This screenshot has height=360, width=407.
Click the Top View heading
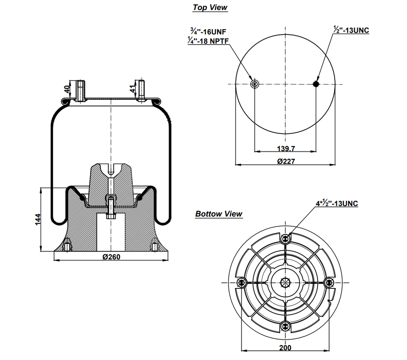click(x=210, y=8)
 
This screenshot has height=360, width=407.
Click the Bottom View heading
click(x=219, y=214)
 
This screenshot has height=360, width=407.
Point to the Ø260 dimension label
click(x=111, y=257)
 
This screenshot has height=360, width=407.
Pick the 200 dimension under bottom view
click(x=285, y=348)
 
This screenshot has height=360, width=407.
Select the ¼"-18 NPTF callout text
click(x=208, y=40)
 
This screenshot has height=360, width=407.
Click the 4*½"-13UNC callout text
click(x=337, y=204)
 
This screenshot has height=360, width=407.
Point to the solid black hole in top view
click(x=316, y=84)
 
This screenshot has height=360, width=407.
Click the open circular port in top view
click(x=255, y=84)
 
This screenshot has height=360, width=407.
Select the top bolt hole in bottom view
click(x=285, y=238)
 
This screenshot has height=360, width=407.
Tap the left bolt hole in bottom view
click(x=241, y=283)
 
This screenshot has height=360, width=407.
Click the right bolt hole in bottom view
click(x=329, y=283)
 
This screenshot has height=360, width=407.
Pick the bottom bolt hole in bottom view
click(x=285, y=326)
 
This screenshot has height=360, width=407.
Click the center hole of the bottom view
click(x=285, y=283)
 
